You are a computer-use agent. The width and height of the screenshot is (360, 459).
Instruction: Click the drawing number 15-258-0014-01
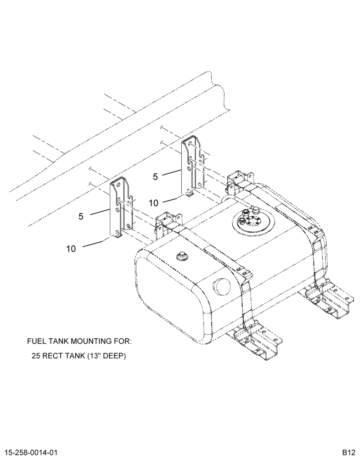pos(29,452)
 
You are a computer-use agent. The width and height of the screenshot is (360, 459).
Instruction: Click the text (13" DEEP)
pos(106,356)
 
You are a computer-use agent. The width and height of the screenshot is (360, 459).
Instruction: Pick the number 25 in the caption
pos(36,356)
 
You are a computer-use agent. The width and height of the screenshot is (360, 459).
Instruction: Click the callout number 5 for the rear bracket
pos(155,177)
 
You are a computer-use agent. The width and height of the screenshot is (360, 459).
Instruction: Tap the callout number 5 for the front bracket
pos(81,216)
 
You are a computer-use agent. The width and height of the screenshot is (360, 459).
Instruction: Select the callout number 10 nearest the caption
pos(71,249)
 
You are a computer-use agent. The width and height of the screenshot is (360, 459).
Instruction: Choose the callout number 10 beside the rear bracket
pos(153,203)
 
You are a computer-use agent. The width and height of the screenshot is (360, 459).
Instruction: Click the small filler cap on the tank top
pos(182,256)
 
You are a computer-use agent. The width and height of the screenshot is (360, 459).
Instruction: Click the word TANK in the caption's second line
pos(73,356)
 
